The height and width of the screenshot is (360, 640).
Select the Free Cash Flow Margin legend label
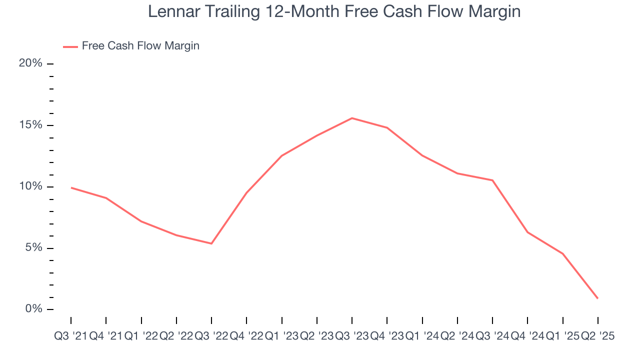140,46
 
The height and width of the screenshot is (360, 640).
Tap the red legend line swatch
70,46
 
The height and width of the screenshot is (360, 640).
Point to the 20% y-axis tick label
30,63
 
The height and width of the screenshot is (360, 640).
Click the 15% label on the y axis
30,125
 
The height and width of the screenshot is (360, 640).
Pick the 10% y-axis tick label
30,186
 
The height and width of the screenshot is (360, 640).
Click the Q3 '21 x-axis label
70,336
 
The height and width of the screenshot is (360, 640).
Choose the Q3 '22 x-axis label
211,336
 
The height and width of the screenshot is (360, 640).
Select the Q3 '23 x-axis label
352,336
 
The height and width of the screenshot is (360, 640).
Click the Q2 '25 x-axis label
598,336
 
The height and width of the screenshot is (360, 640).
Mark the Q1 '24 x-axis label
422,336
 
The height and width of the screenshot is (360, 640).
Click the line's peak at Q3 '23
352,118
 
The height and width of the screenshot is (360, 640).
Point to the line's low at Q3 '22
211,243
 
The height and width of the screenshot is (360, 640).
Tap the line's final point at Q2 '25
598,298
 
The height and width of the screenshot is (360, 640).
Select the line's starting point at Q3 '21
71,187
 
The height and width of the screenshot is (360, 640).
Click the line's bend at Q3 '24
492,180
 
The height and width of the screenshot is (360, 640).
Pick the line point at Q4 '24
527,232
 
